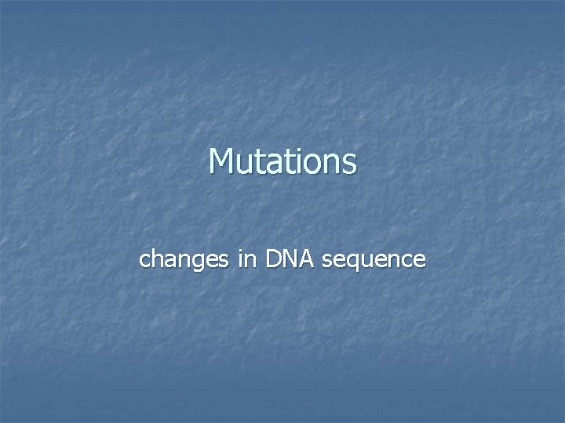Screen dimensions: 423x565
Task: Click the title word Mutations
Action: coord(282,162)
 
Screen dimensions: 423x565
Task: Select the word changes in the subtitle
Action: coord(184,259)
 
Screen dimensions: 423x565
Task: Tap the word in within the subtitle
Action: coord(247,259)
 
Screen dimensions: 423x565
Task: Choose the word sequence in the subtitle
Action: coord(374,260)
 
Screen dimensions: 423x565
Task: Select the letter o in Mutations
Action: coord(311,164)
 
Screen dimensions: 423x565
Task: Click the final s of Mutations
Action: coord(348,164)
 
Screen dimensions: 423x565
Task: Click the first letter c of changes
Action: coord(144,261)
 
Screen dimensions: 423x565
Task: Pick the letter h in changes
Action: coord(156,259)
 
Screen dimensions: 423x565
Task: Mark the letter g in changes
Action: coord(195,262)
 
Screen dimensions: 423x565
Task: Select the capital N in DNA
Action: coord(290,259)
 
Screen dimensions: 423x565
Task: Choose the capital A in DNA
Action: coord(305,259)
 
